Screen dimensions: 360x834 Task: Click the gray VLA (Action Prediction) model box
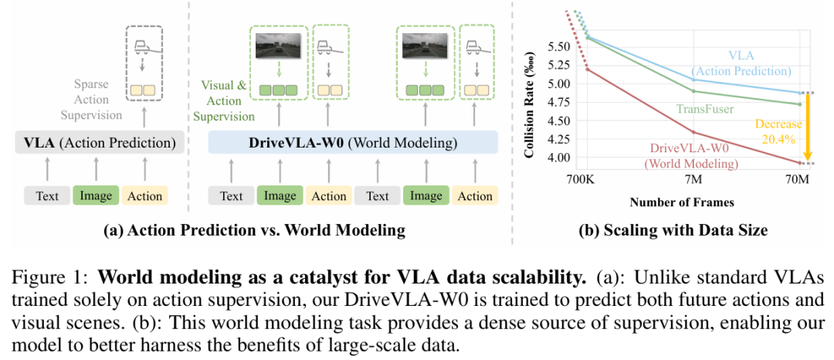(x=100, y=143)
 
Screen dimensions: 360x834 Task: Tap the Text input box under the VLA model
(x=47, y=196)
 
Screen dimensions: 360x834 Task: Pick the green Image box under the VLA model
(x=97, y=196)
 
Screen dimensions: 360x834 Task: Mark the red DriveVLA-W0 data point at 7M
(x=693, y=132)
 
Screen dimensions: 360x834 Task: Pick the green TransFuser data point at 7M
(x=693, y=90)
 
